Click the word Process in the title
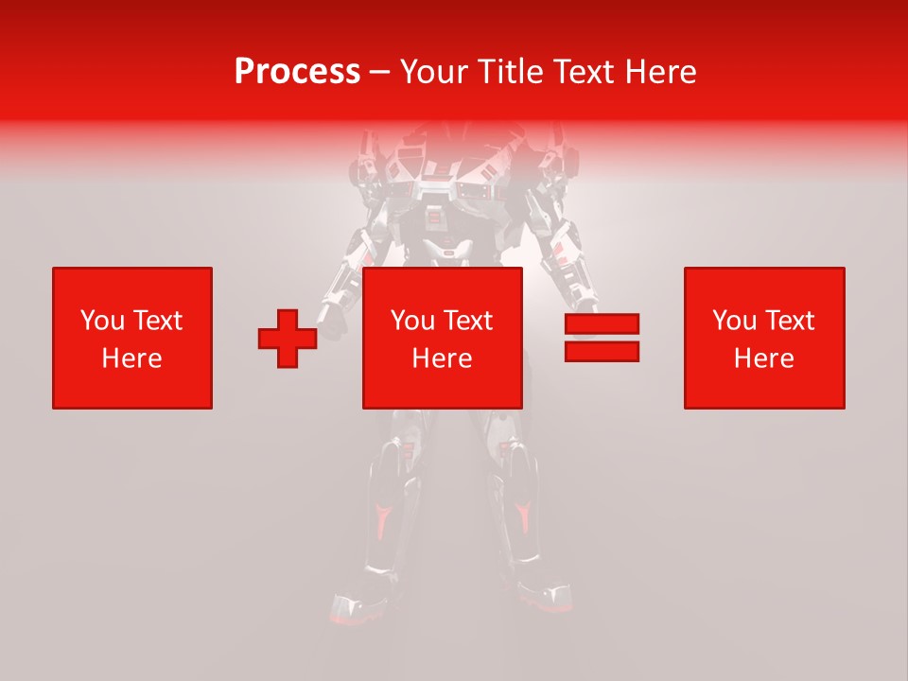tap(297, 72)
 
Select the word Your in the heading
tap(435, 72)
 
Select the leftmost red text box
tap(131, 338)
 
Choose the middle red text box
tap(442, 338)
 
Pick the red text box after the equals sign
tap(763, 338)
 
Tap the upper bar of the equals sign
tap(602, 324)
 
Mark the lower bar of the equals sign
tap(602, 352)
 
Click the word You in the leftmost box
tap(102, 321)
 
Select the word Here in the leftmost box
tap(131, 358)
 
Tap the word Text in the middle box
tap(470, 321)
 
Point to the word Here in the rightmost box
tap(763, 358)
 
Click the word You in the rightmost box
tap(734, 321)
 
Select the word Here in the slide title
tap(662, 72)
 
